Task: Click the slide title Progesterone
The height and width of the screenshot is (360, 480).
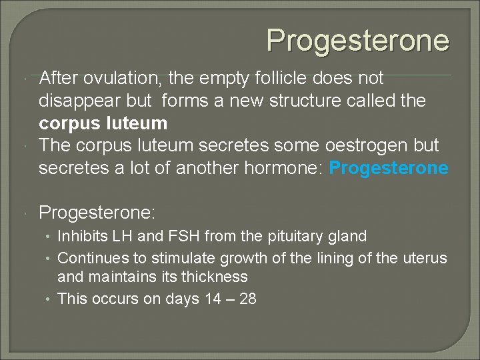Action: click(358, 40)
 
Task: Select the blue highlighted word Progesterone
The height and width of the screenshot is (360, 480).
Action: click(389, 168)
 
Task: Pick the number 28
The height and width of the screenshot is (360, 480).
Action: click(247, 299)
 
